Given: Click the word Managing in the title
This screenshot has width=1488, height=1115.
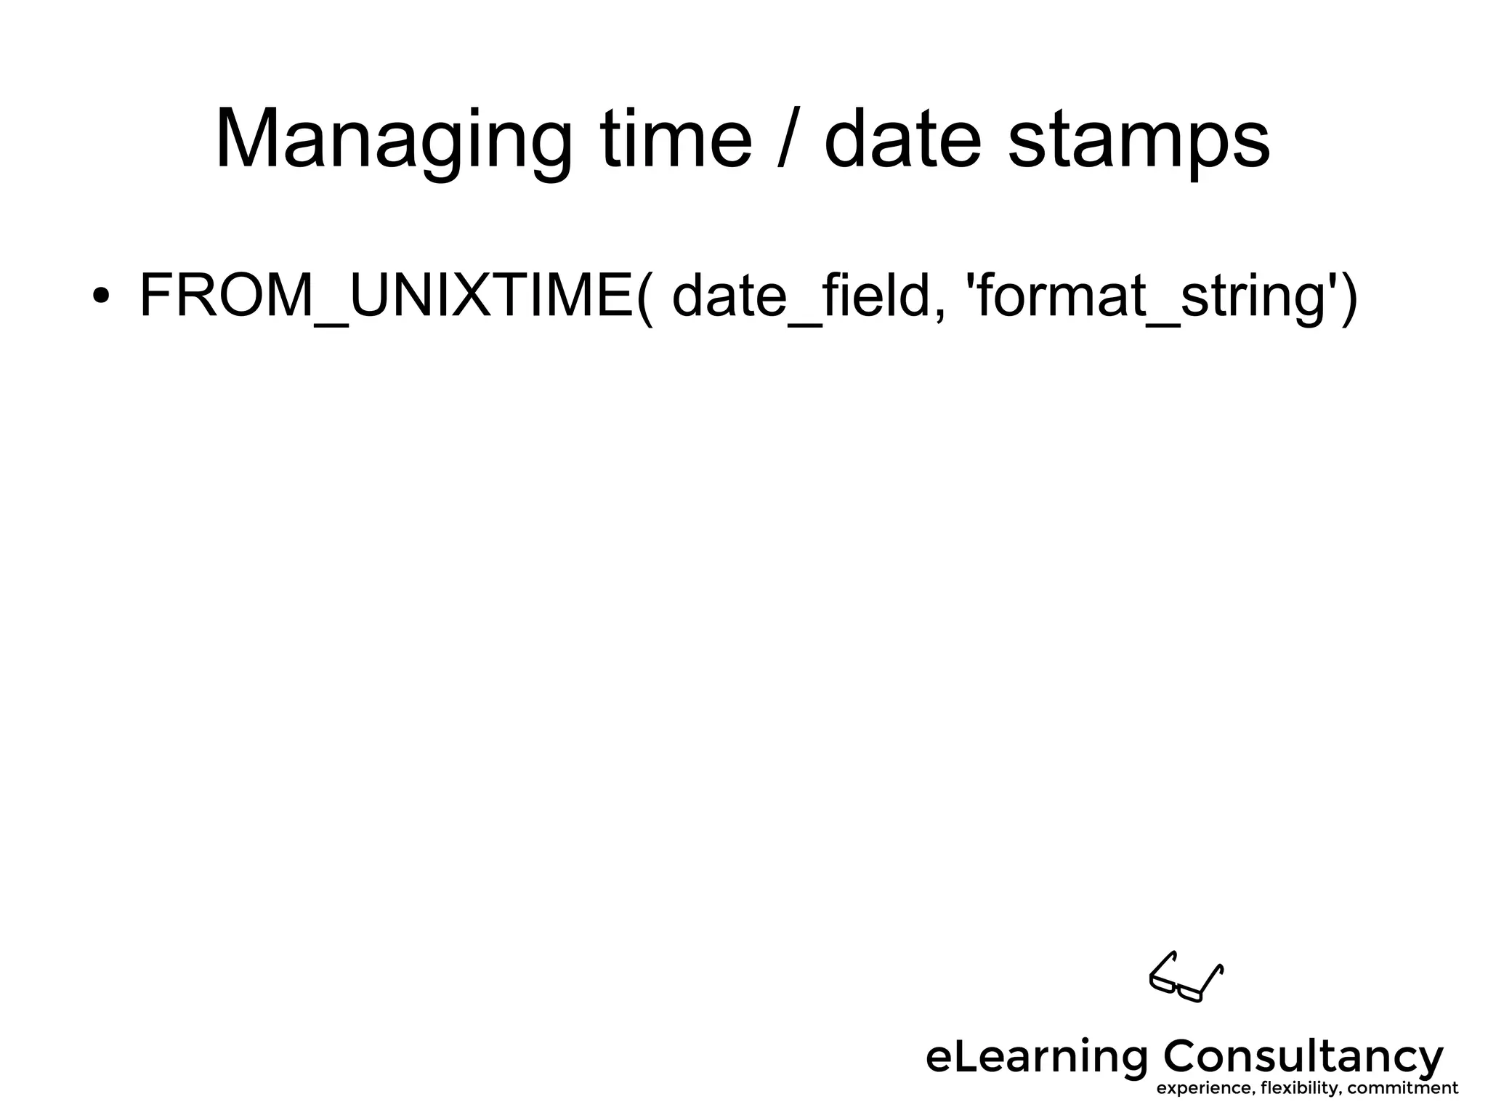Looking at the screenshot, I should (393, 139).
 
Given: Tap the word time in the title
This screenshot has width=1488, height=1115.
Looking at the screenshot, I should (676, 139).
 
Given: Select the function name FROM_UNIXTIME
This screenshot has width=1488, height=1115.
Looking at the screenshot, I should (385, 294).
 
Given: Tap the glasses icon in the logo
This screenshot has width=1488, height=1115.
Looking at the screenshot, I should (1186, 977).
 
